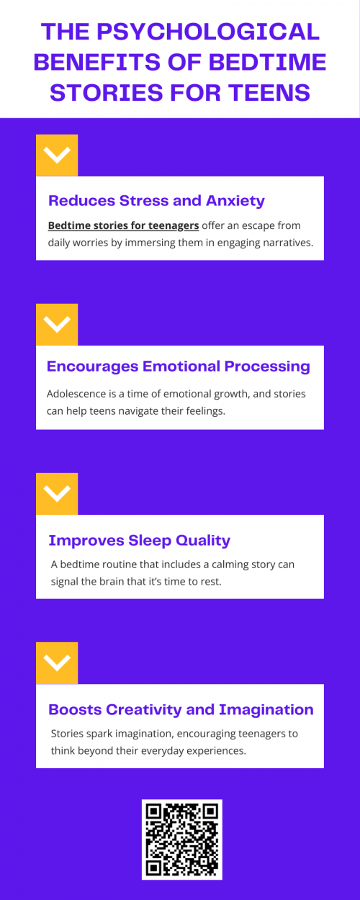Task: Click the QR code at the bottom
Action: tap(181, 840)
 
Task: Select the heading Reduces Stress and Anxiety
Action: tap(156, 201)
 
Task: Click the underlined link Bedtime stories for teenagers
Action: tap(123, 225)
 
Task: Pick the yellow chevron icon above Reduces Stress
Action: tap(57, 155)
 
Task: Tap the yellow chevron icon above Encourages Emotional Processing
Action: tap(57, 324)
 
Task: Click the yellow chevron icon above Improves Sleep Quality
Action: tap(57, 493)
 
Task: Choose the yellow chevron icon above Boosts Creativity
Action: tap(57, 662)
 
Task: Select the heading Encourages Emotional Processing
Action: tap(179, 366)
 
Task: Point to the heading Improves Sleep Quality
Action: tap(139, 540)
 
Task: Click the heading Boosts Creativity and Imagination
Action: tap(181, 709)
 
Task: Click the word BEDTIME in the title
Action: tap(266, 62)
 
